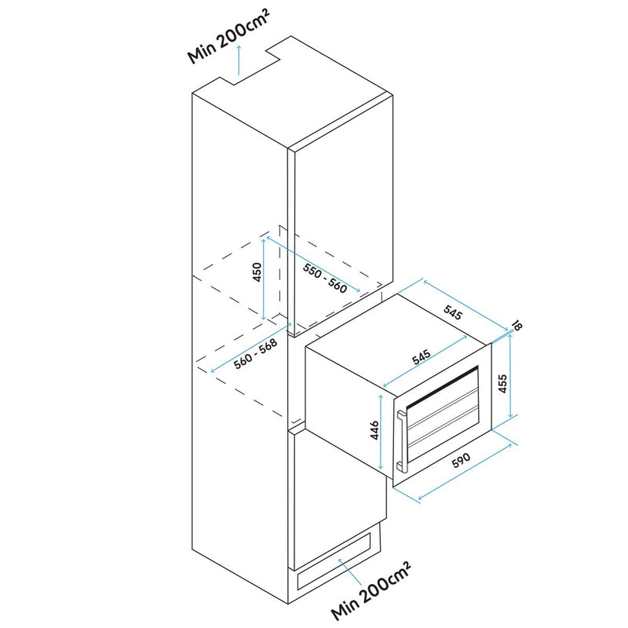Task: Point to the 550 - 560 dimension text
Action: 325,276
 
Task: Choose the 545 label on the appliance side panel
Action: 422,357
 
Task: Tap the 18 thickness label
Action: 517,324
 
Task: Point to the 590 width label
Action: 462,464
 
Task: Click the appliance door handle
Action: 402,440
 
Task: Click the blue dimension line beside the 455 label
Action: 511,374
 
